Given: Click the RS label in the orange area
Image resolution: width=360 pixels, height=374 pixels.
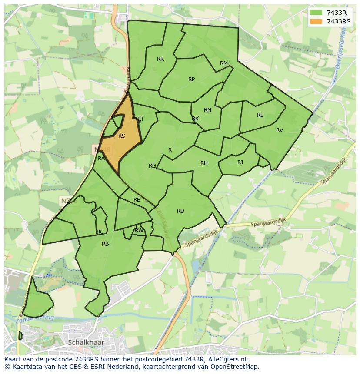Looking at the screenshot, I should (x=122, y=136).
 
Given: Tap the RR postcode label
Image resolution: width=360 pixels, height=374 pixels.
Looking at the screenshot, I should (x=160, y=59).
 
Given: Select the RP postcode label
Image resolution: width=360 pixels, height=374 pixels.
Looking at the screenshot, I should (x=191, y=79).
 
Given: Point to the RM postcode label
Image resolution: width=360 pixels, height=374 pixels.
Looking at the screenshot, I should (x=224, y=63).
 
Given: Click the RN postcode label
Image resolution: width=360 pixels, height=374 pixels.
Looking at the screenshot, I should (x=207, y=110).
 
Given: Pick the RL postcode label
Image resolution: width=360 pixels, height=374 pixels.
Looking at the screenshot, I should (x=260, y=115).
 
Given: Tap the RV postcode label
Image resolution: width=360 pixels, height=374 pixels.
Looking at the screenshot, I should (x=280, y=130).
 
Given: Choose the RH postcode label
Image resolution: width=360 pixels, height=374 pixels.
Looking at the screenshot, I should (x=204, y=163).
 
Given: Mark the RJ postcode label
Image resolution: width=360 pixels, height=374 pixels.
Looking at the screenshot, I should (x=240, y=162).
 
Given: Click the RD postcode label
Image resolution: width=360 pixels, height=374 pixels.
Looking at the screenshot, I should (x=180, y=211).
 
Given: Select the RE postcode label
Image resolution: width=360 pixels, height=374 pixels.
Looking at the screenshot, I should (x=137, y=200).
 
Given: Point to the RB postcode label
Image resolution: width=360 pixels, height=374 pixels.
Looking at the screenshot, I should (x=105, y=244).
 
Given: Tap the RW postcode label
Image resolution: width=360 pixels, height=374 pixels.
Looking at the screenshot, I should (x=139, y=231).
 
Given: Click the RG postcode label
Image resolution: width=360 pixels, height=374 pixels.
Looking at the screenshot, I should (x=152, y=166).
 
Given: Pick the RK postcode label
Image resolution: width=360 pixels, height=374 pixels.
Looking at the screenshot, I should (x=195, y=119).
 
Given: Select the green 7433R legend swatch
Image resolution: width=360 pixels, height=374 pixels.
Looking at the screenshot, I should (x=316, y=13).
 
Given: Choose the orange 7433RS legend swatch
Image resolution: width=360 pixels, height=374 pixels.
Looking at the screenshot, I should (x=316, y=21).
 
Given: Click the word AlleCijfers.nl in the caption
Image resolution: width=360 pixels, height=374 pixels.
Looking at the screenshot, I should (x=227, y=359).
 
